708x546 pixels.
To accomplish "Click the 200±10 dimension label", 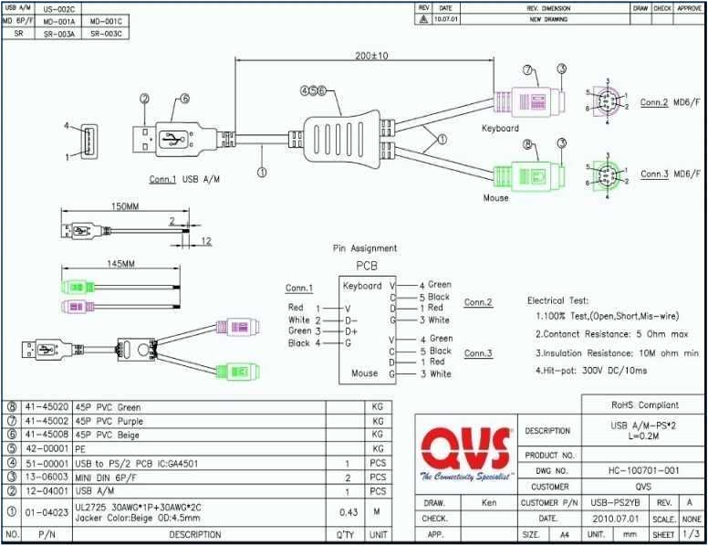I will point(371,56).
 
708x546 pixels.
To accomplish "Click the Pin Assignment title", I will point(364,247).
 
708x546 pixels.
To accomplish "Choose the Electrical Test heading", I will point(557,299).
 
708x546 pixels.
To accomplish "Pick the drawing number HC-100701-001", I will point(643,470).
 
